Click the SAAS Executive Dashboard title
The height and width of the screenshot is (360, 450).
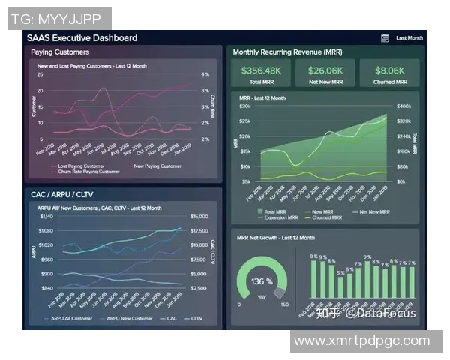point(82,37)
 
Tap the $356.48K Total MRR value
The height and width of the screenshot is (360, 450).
point(261,70)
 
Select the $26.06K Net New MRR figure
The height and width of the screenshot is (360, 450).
point(325,70)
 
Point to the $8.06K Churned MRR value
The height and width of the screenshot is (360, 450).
point(390,70)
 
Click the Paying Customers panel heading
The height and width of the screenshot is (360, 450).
point(60,52)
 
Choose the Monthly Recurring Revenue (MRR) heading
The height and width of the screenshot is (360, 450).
point(287,52)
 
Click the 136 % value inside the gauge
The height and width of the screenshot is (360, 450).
point(262,282)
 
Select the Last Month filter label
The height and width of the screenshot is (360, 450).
point(409,37)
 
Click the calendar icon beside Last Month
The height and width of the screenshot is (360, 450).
point(385,37)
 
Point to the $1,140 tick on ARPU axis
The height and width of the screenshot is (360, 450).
point(46,216)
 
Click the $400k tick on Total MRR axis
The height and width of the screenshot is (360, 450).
point(403,106)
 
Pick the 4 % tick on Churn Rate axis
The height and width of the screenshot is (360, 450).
point(205,75)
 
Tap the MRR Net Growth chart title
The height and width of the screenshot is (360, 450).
point(275,238)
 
